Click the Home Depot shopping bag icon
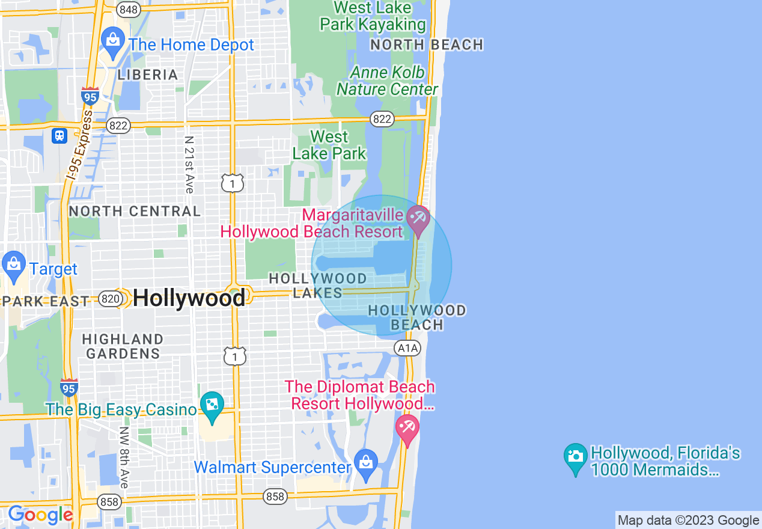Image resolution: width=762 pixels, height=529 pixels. point(112,41)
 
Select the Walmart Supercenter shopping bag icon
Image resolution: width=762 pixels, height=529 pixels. point(365,463)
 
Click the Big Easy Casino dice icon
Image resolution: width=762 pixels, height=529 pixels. point(212,406)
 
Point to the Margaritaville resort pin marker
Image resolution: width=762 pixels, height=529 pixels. point(417,218)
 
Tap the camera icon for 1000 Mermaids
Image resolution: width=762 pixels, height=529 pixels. point(576,457)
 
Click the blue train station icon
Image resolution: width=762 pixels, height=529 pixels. point(59,135)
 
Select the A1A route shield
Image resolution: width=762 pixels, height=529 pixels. point(407,348)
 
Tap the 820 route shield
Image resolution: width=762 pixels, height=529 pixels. point(111,299)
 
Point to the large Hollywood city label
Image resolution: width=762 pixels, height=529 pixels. point(189,298)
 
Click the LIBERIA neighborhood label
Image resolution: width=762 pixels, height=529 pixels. point(148,75)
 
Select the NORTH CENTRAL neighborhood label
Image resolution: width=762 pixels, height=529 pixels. point(135,211)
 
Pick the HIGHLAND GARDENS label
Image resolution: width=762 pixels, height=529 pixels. point(123,346)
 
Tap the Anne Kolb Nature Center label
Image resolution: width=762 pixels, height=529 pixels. point(388,81)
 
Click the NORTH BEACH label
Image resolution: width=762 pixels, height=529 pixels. point(427,45)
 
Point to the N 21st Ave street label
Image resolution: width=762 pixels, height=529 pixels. point(189,164)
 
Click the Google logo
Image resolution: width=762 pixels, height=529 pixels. point(40,515)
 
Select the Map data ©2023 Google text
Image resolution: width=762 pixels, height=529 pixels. point(689,521)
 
